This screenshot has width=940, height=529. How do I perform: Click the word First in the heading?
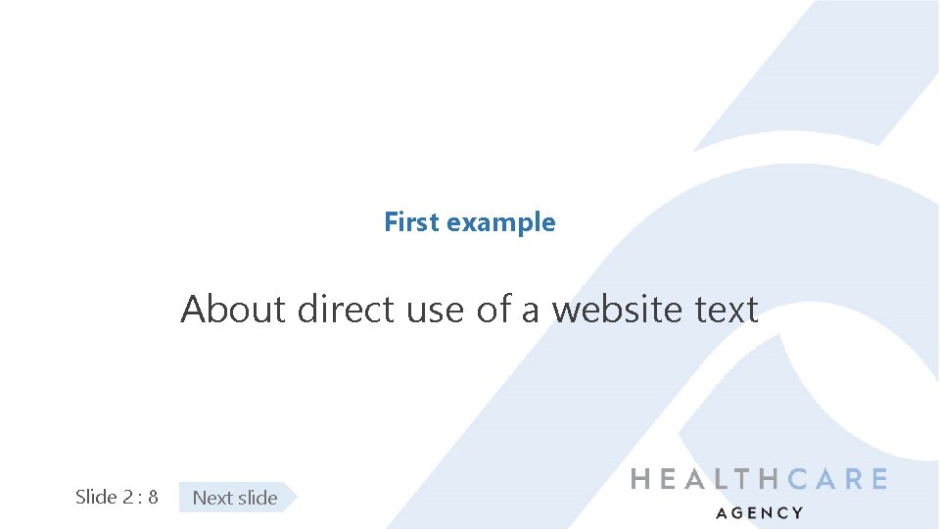411,222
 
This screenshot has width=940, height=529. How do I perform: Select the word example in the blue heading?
500,223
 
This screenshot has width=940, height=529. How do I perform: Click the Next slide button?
236,498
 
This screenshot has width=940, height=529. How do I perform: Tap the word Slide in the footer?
96,497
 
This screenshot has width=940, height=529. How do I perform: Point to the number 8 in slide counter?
153,497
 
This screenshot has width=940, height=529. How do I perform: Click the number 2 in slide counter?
128,497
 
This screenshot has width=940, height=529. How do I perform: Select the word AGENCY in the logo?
760,512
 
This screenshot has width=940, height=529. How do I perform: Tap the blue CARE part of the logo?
838,479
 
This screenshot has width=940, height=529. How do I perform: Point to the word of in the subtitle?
493,310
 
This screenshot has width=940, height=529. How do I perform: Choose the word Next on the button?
211,498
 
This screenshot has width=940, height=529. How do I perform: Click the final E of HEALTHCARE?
877,479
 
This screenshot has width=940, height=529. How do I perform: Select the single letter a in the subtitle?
530,312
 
